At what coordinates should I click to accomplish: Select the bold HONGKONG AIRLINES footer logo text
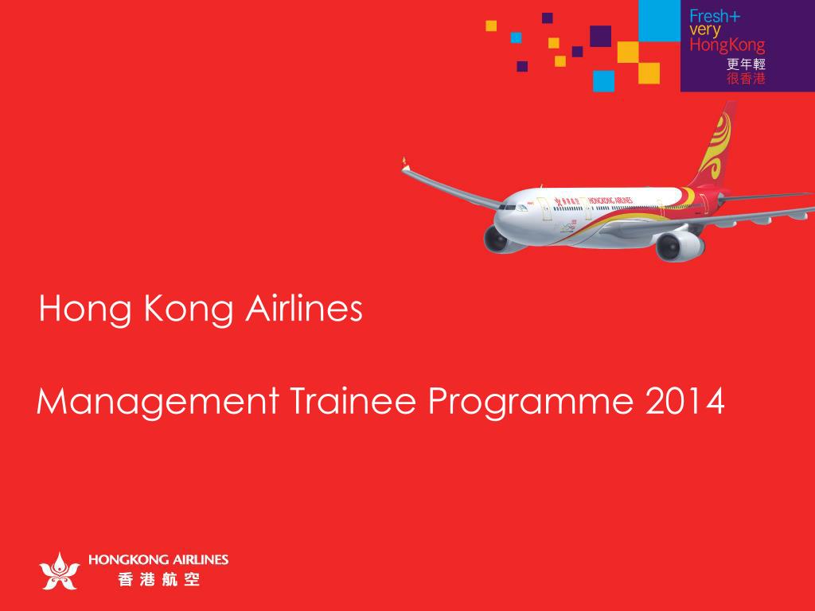158,559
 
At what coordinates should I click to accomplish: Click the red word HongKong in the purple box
727,45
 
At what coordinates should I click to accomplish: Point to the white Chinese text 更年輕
747,65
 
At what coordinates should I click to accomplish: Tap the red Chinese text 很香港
747,79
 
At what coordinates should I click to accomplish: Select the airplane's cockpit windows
508,205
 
